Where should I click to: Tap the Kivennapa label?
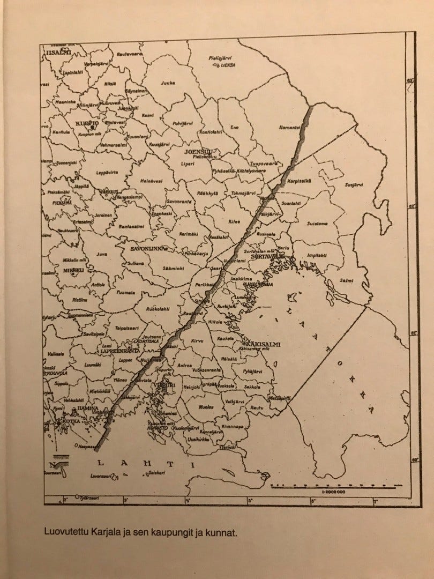pos(233,426)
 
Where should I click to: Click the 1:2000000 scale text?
pos(333,492)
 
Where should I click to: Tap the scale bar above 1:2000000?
pos(333,486)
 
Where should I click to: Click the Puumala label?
pos(126,293)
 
